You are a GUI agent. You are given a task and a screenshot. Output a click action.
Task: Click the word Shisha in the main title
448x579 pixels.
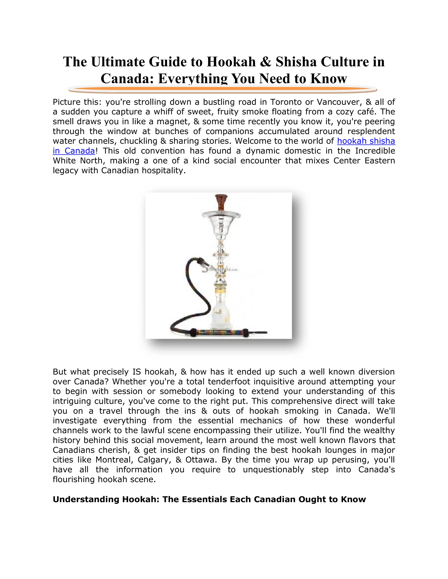coord(296,62)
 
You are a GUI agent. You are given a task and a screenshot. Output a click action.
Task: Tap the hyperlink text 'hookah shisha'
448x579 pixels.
coord(366,141)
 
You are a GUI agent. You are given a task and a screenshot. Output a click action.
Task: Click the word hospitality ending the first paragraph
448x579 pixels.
coord(163,170)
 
